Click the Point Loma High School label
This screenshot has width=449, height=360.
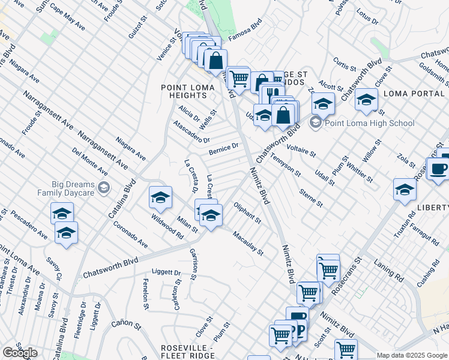pyautogui.click(x=369, y=123)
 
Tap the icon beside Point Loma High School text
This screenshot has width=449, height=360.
pyautogui.click(x=316, y=123)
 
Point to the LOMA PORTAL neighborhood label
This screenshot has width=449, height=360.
pyautogui.click(x=414, y=94)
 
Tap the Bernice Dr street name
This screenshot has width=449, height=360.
pyautogui.click(x=224, y=148)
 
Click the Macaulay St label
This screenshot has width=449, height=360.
pyautogui.click(x=248, y=243)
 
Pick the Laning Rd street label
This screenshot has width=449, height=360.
pyautogui.click(x=391, y=273)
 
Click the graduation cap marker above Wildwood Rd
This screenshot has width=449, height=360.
pyautogui.click(x=160, y=197)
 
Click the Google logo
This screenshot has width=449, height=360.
pyautogui.click(x=19, y=353)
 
